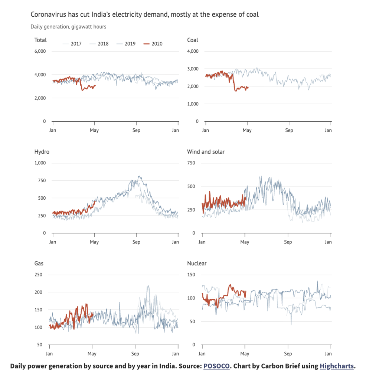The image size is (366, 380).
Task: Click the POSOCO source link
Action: point(216,366)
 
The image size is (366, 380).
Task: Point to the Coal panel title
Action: point(193,40)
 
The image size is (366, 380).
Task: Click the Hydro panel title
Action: point(42,152)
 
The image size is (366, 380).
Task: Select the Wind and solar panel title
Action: point(206,152)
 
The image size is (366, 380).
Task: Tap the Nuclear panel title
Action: point(197,263)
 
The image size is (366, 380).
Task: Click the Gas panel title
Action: point(39,263)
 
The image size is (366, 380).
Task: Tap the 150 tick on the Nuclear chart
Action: point(191,275)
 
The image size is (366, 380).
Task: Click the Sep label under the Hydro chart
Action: point(137,242)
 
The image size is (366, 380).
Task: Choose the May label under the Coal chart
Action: point(247,130)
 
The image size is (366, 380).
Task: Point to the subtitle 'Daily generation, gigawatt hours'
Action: point(68,27)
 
